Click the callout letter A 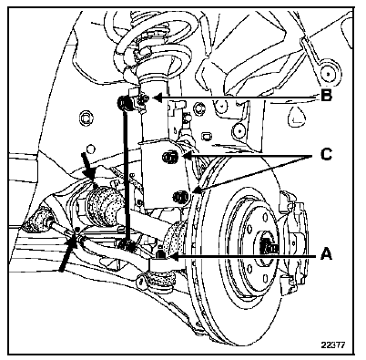[326, 253]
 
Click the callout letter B [326, 97]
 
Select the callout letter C [326, 155]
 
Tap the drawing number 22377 [333, 345]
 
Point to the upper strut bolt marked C [170, 158]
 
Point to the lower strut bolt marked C [180, 197]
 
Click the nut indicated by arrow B [143, 98]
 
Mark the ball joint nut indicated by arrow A [160, 253]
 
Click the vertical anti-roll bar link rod [126, 170]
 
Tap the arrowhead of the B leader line [158, 98]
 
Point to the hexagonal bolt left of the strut [85, 118]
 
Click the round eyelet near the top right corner [328, 74]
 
